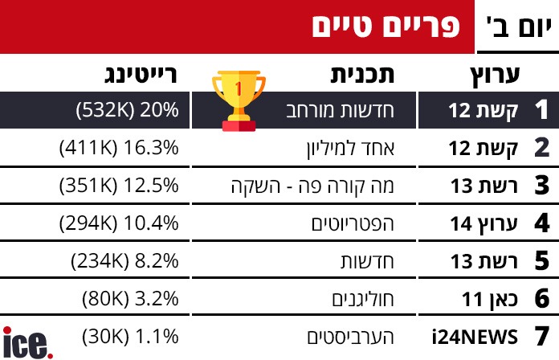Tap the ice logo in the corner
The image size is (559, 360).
(27, 342)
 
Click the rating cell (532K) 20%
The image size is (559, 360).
(126, 111)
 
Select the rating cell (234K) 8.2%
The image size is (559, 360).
(124, 261)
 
